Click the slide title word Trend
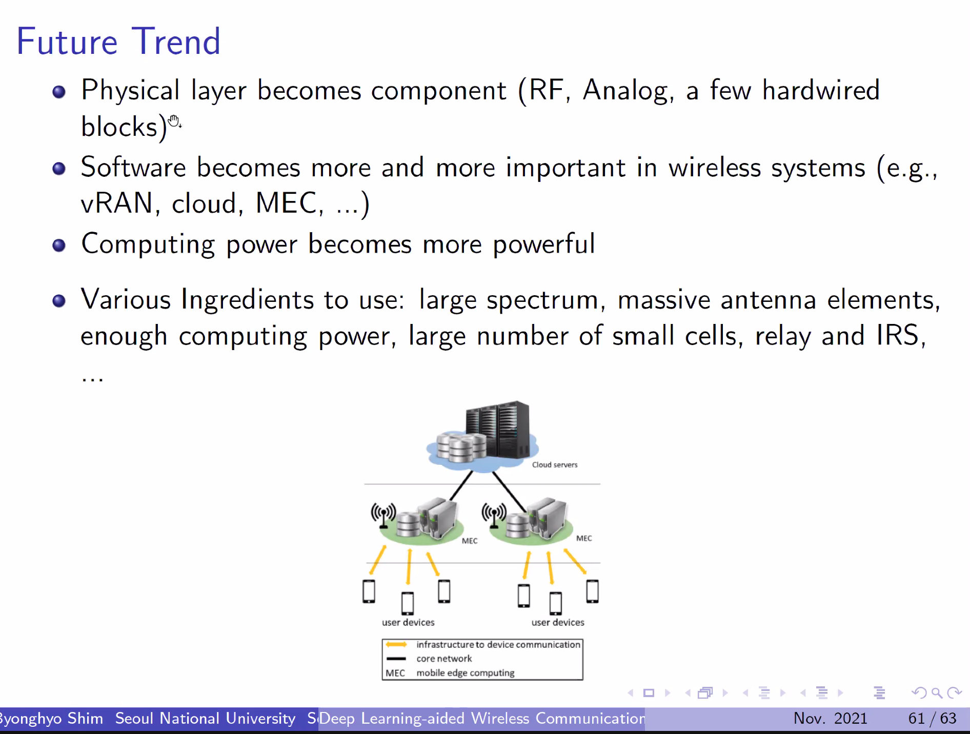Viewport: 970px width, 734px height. point(176,42)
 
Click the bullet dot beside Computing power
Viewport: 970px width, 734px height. point(59,246)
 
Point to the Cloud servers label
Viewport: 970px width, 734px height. point(555,465)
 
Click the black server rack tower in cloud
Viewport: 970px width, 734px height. point(497,429)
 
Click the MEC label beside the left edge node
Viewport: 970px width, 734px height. point(470,541)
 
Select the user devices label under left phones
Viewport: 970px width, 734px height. point(408,622)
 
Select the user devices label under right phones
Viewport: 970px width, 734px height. point(558,622)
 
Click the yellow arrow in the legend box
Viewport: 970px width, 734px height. point(396,644)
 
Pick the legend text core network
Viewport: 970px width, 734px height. point(444,659)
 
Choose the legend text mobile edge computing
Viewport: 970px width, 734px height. point(466,673)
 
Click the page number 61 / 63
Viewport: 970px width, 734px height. point(932,718)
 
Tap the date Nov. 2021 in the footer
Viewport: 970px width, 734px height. point(830,718)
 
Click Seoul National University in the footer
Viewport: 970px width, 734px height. point(205,719)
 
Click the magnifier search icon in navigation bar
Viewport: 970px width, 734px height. point(937,693)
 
